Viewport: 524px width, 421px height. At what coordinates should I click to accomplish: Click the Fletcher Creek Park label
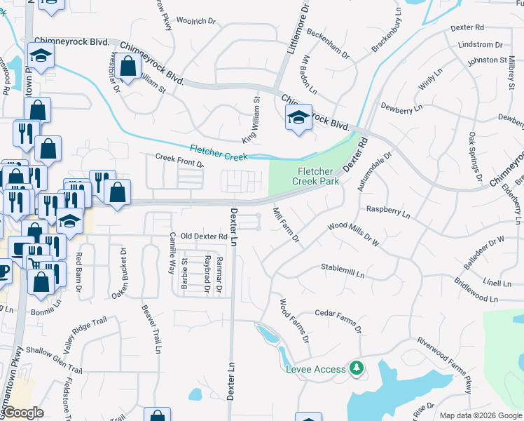pos(319,175)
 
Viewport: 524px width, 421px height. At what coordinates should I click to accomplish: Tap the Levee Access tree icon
pos(357,368)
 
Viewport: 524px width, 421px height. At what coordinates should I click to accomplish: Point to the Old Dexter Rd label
pos(204,237)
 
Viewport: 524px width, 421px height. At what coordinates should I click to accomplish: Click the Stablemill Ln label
pos(343,267)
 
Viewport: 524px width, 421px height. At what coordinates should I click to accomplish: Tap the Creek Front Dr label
pos(179,161)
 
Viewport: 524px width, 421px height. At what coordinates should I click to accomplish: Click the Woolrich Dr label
pos(195,21)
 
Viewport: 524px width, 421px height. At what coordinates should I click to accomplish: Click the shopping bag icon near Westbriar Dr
pos(128,68)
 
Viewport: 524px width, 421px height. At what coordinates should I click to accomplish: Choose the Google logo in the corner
pos(23,413)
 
